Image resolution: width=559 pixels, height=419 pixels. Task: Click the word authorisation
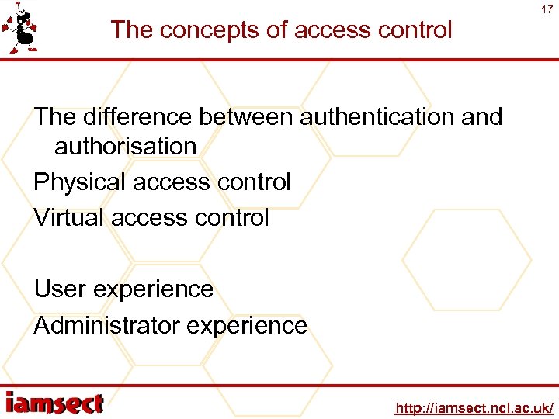(x=125, y=146)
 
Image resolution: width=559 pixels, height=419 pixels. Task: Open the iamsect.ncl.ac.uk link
(x=474, y=407)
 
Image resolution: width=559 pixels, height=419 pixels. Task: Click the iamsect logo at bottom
(x=54, y=403)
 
